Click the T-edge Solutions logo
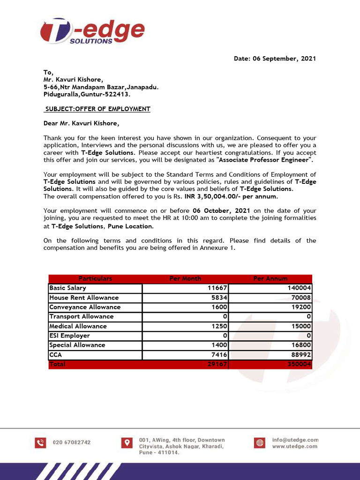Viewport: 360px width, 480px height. pyautogui.click(x=92, y=31)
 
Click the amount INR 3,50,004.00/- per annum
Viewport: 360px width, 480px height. pyautogui.click(x=231, y=196)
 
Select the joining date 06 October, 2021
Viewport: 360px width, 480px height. pyautogui.click(x=221, y=211)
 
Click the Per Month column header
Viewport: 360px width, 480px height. pyautogui.click(x=185, y=278)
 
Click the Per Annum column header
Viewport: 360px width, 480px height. pyautogui.click(x=270, y=278)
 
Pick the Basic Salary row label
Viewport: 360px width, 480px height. pyautogui.click(x=67, y=288)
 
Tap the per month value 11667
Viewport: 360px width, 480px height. pyautogui.click(x=217, y=288)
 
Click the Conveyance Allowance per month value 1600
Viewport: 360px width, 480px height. pyautogui.click(x=219, y=307)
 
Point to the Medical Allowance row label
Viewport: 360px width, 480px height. pyautogui.click(x=78, y=326)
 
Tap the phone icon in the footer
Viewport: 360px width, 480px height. pyautogui.click(x=41, y=442)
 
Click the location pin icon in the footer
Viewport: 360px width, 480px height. pyautogui.click(x=126, y=442)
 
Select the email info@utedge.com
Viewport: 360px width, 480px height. pyautogui.click(x=295, y=440)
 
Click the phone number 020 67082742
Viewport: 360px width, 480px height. pyautogui.click(x=72, y=442)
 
